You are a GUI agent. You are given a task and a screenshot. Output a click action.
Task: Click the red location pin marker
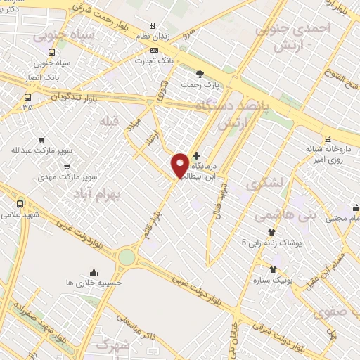180,165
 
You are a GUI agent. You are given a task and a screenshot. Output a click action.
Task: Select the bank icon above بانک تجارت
155,50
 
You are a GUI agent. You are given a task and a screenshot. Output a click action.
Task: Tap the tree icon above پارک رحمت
200,73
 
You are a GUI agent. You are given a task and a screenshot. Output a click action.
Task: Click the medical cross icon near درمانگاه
196,155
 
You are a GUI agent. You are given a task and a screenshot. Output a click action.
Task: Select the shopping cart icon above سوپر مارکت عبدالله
41,139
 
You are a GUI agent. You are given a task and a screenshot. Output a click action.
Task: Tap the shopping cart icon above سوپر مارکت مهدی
67,167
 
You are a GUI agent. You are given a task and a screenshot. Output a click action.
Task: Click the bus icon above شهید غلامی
19,203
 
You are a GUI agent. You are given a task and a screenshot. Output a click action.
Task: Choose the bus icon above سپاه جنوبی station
51,52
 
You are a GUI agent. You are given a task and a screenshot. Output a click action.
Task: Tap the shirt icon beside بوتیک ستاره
273,269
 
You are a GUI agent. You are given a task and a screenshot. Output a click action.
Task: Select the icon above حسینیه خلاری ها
94,272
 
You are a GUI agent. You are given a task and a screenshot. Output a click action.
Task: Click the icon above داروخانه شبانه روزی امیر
328,137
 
